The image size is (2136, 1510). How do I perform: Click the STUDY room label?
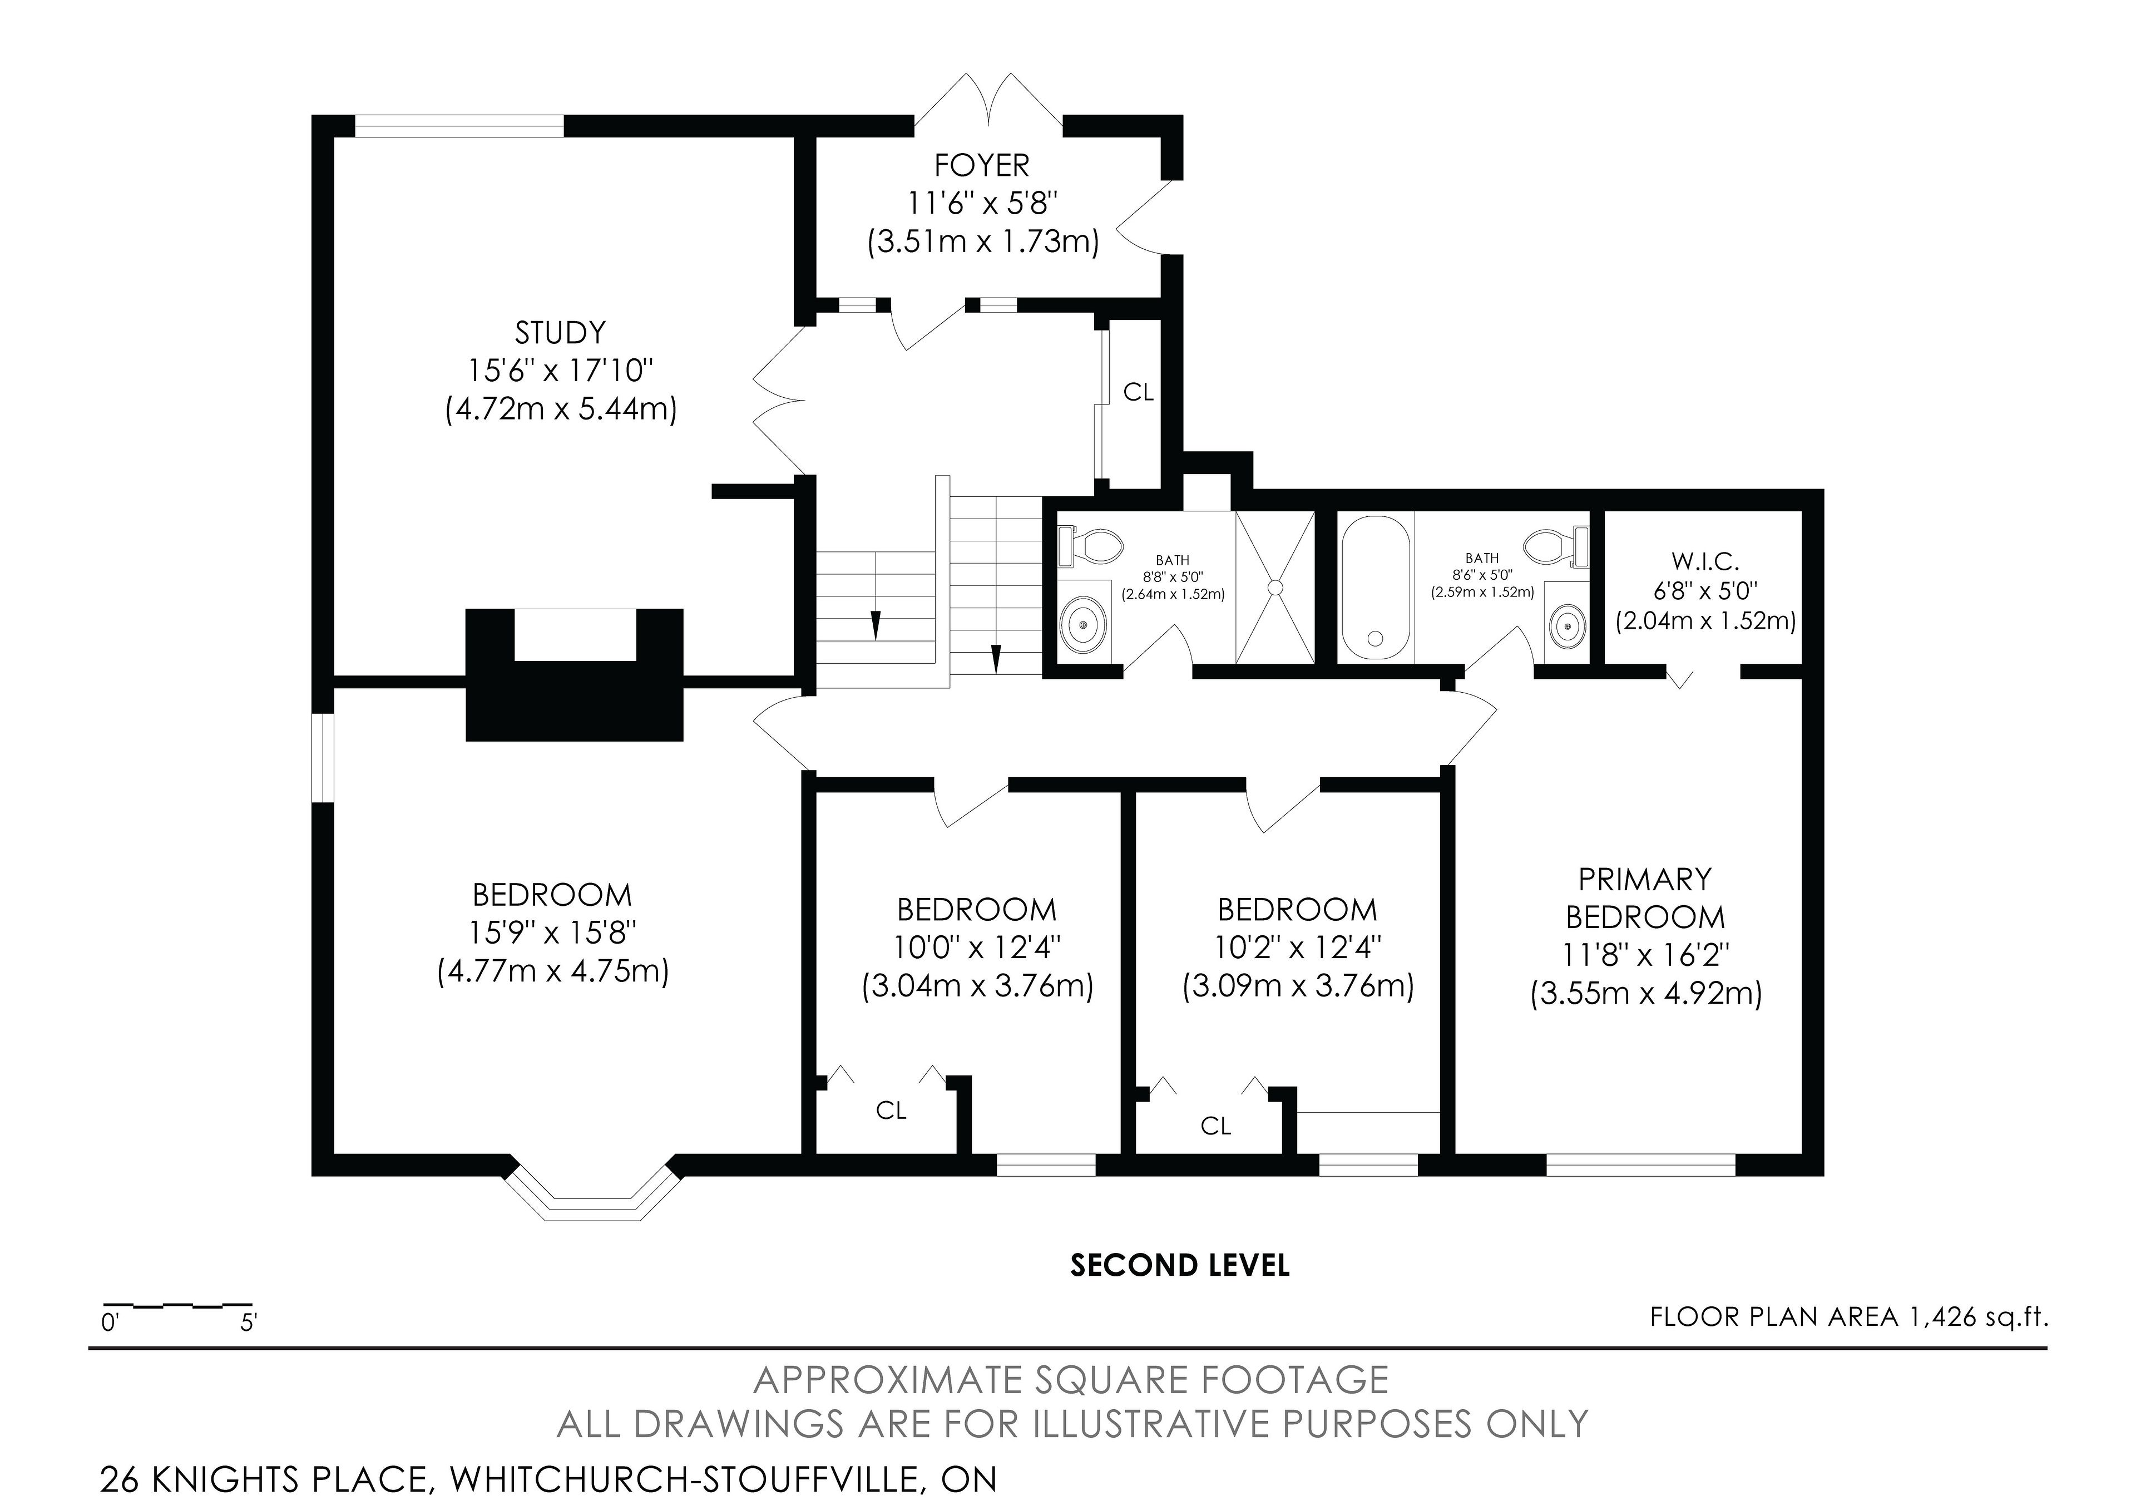pos(560,332)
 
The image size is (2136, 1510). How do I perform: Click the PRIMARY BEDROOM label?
pos(1645,898)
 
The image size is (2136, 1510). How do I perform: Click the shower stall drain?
pos(1274,587)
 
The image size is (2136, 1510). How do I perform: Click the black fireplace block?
pos(574,674)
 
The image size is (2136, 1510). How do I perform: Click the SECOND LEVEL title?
pos(1180,1265)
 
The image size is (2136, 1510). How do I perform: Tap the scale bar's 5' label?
pos(248,1322)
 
